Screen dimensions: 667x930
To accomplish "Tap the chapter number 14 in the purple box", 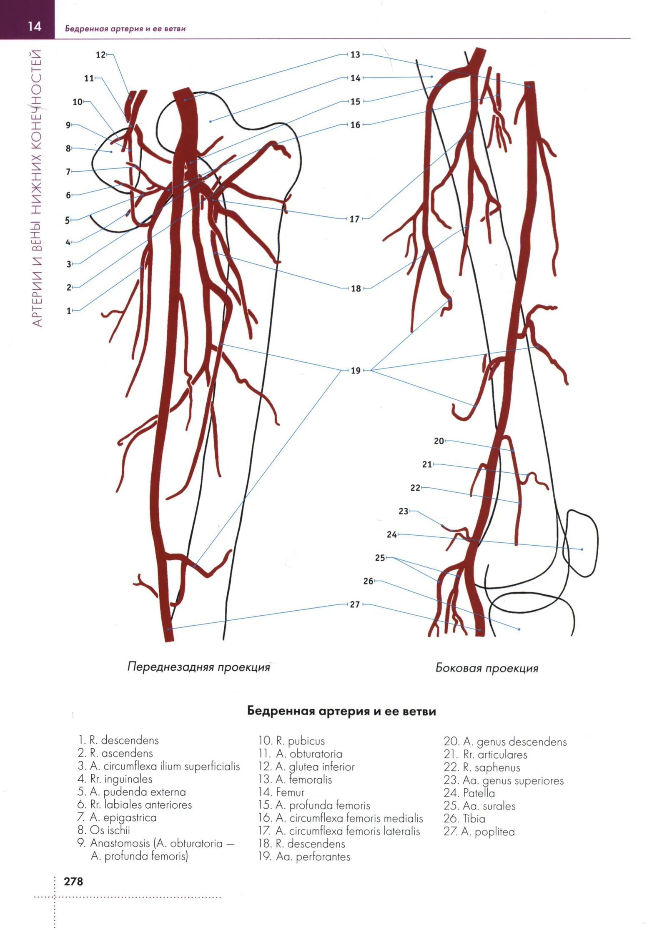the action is click(x=35, y=26).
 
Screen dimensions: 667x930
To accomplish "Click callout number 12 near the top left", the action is click(x=100, y=55).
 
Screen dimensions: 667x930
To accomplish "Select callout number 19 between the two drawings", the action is click(x=355, y=370).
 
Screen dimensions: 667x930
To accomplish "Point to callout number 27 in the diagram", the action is click(x=355, y=604).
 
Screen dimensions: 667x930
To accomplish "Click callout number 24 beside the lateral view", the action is click(x=391, y=534).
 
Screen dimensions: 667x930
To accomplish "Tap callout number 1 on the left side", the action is click(x=69, y=311).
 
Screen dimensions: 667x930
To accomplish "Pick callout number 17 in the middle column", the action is click(x=354, y=218).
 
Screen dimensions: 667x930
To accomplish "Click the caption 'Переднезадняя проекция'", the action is click(x=198, y=667).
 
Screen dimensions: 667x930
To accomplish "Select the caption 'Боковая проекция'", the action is click(x=486, y=668).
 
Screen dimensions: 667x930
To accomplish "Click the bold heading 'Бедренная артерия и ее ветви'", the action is click(x=341, y=711).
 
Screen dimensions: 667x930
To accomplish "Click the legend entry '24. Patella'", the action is click(x=469, y=793).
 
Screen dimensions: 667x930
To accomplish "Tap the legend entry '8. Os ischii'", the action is click(x=104, y=830).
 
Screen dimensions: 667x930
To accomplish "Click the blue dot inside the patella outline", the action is click(x=582, y=549).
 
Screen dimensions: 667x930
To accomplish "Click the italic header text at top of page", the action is click(x=125, y=29).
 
